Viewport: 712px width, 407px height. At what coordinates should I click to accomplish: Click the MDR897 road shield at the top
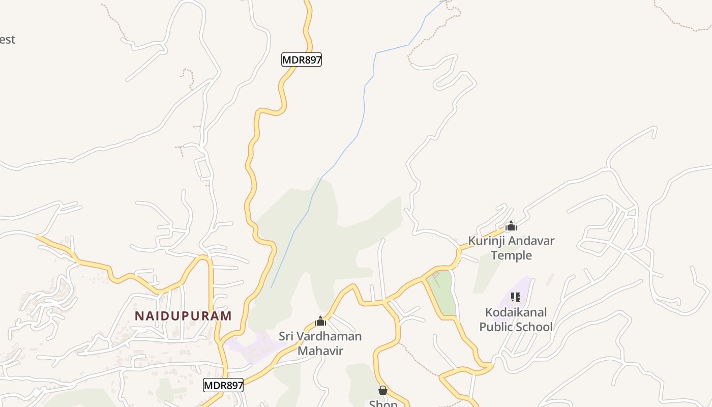coord(302,60)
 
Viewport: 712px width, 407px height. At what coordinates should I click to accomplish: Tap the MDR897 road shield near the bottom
coord(223,385)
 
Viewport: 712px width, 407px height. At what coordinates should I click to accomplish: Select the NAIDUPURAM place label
coord(183,316)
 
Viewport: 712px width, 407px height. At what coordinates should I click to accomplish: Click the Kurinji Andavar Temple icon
coord(511,226)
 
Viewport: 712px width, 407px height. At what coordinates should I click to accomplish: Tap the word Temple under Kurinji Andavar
coord(511,255)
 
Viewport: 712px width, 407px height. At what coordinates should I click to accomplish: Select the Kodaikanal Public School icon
coord(516,297)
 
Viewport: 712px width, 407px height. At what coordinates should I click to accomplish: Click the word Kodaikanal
coord(516,312)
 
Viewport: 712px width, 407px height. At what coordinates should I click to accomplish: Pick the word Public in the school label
coord(497,327)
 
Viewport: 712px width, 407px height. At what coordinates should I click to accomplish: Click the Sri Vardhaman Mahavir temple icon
coord(320,321)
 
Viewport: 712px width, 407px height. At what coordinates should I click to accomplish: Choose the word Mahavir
coord(320,351)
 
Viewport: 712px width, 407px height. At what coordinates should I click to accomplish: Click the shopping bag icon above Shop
coord(383,390)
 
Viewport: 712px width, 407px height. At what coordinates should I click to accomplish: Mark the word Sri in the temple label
coord(286,336)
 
